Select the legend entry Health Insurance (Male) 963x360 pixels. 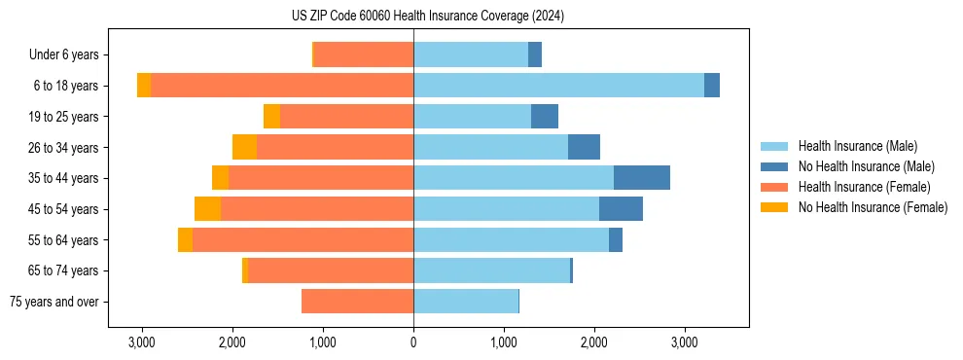pyautogui.click(x=857, y=146)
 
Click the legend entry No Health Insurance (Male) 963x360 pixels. pyautogui.click(x=866, y=166)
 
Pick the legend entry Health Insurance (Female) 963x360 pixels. pyautogui.click(x=864, y=187)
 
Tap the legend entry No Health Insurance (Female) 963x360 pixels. pyautogui.click(x=873, y=207)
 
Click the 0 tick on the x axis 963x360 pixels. pyautogui.click(x=413, y=342)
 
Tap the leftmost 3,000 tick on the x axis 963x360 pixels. pyautogui.click(x=142, y=342)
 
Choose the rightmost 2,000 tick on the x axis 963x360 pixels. pyautogui.click(x=594, y=342)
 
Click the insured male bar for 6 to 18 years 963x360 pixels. pyautogui.click(x=558, y=86)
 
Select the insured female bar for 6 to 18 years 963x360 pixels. pyautogui.click(x=282, y=86)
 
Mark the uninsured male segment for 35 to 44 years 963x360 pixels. pyautogui.click(x=642, y=178)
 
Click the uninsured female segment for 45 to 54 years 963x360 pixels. pyautogui.click(x=207, y=209)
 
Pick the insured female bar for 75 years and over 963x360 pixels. pyautogui.click(x=357, y=302)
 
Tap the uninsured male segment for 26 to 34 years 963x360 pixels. pyautogui.click(x=584, y=147)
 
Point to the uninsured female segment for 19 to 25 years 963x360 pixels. pyautogui.click(x=271, y=117)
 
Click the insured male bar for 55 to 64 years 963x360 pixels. pyautogui.click(x=511, y=239)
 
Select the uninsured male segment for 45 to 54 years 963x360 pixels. pyautogui.click(x=621, y=209)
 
